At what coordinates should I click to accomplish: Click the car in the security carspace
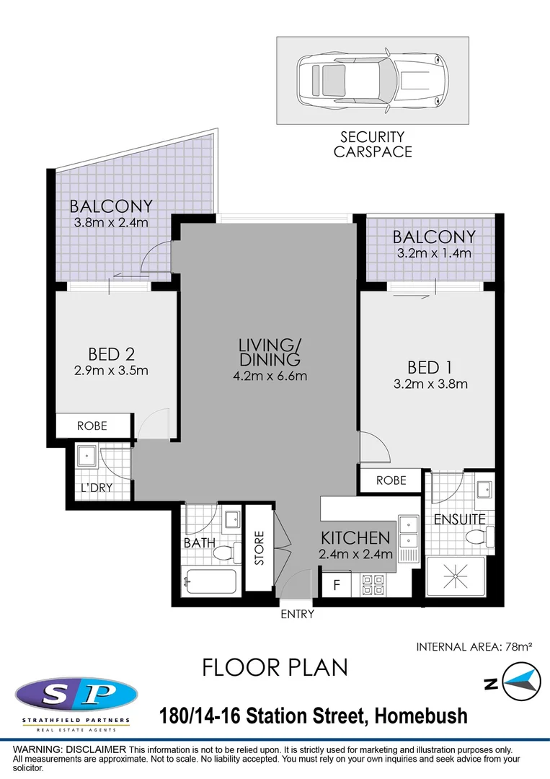click(x=372, y=79)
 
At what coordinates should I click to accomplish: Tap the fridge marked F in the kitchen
click(x=337, y=584)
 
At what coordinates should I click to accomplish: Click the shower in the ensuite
click(x=456, y=577)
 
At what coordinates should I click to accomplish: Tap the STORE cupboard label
click(x=259, y=548)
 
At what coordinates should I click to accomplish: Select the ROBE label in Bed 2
click(x=92, y=426)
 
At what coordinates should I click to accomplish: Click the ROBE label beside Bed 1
click(x=391, y=480)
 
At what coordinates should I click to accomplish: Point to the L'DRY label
click(x=97, y=488)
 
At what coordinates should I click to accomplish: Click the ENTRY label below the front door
click(x=297, y=614)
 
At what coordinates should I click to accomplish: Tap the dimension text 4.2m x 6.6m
click(x=270, y=376)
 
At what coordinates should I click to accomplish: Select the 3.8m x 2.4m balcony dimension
click(x=111, y=223)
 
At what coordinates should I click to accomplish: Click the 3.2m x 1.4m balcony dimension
click(x=434, y=253)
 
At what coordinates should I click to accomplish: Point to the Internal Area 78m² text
click(x=474, y=647)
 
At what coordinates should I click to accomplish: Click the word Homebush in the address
click(x=421, y=716)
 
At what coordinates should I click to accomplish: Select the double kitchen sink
click(x=409, y=539)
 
